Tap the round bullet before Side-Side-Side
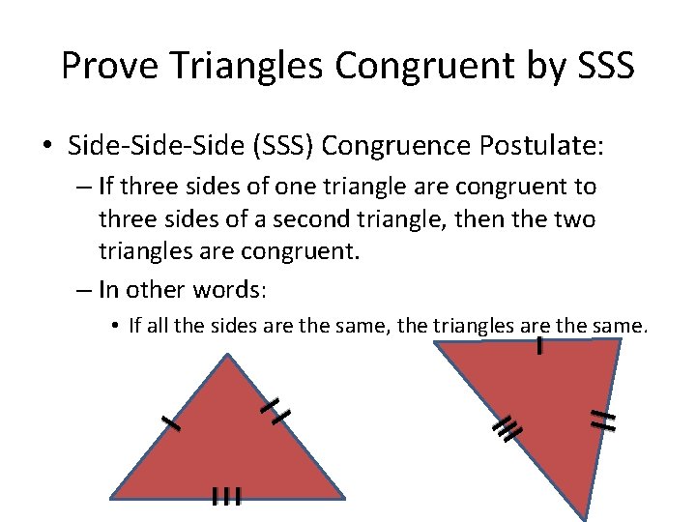pyautogui.click(x=47, y=148)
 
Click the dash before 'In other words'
pyautogui.click(x=82, y=289)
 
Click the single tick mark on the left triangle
pyautogui.click(x=171, y=421)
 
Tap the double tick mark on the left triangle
pyautogui.click(x=275, y=410)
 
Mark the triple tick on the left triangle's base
pyautogui.click(x=225, y=497)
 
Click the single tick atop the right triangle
pyautogui.click(x=538, y=345)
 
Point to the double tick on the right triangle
pyautogui.click(x=604, y=419)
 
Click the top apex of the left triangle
pyautogui.click(x=228, y=355)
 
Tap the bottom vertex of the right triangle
pyautogui.click(x=586, y=515)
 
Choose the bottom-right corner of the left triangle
pyautogui.click(x=344, y=498)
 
